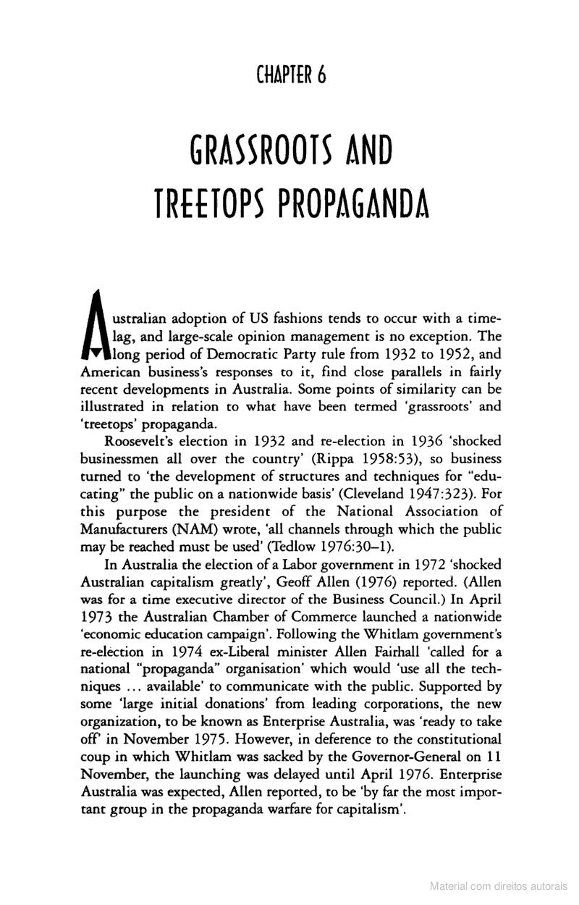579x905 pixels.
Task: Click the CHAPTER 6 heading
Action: click(290, 75)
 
